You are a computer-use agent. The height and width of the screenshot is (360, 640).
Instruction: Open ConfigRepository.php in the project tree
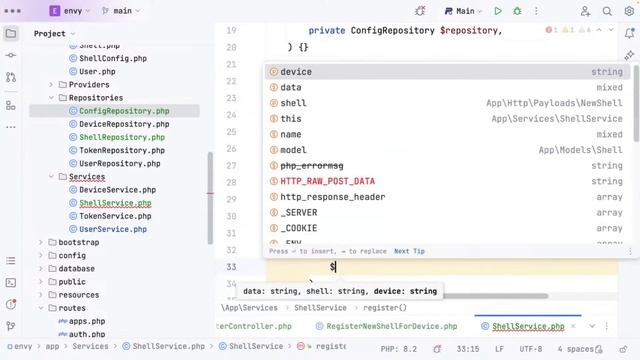pos(124,111)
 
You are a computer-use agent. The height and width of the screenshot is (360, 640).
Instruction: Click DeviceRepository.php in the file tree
pos(124,124)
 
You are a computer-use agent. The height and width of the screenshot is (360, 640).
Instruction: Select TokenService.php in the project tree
pos(115,216)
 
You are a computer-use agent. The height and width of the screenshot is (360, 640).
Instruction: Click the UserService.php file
pos(113,229)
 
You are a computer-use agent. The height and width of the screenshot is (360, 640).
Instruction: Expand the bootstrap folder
pos(41,242)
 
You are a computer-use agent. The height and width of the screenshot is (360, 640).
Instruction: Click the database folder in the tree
pos(76,269)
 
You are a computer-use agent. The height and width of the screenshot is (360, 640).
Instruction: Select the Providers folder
pos(89,85)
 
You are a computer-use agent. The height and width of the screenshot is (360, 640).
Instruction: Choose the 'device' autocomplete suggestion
pos(296,72)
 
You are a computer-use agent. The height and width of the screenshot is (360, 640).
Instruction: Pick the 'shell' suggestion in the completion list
pos(293,103)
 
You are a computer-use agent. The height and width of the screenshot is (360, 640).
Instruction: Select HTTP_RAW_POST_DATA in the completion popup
pos(327,181)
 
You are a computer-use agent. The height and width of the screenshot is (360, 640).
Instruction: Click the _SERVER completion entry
pos(299,212)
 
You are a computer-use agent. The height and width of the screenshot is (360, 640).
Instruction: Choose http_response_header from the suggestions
pos(332,197)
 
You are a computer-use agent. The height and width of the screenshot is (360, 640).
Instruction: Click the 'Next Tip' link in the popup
pos(409,252)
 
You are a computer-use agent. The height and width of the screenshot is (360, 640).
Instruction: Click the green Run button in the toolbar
pos(498,12)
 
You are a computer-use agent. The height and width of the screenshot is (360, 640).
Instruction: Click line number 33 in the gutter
pos(231,267)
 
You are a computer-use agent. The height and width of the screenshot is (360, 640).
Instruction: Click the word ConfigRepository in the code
pos(393,31)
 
